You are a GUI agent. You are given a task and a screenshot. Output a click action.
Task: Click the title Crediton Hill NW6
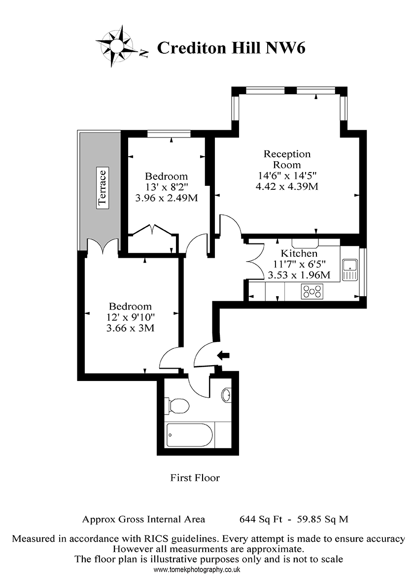pos(231,48)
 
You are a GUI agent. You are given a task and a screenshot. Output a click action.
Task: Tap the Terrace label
pos(102,187)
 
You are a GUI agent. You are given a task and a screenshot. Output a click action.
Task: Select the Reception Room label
pos(287,159)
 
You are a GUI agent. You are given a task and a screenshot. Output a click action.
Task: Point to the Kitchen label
pos(299,253)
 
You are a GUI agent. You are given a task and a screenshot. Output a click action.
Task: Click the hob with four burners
pos(312,292)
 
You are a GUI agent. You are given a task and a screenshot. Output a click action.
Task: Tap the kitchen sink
pos(350,270)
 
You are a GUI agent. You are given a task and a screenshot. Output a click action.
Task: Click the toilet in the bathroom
pos(177,406)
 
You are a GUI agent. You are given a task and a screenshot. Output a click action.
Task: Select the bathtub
pos(189,435)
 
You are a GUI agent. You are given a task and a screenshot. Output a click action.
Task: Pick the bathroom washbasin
pos(226,395)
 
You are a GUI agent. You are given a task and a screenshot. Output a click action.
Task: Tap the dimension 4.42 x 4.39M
pos(287,186)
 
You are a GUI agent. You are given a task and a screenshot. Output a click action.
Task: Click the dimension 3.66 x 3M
pos(131,328)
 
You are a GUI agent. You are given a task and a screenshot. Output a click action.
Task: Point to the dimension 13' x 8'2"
pos(167,187)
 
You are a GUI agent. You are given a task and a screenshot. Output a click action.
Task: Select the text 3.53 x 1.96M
pos(299,275)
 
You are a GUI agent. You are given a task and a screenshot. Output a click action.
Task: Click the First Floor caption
pos(195,478)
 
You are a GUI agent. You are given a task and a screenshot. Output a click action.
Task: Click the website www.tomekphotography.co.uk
pos(197,570)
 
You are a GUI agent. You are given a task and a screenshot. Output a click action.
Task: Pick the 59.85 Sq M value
pos(322,519)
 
